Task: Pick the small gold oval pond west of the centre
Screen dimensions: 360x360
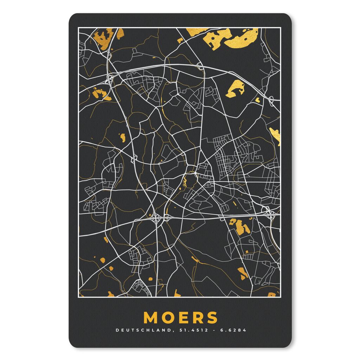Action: click(x=123, y=137)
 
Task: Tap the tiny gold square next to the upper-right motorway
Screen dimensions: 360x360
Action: click(x=258, y=100)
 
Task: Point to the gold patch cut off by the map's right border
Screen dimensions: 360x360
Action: click(x=275, y=136)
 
